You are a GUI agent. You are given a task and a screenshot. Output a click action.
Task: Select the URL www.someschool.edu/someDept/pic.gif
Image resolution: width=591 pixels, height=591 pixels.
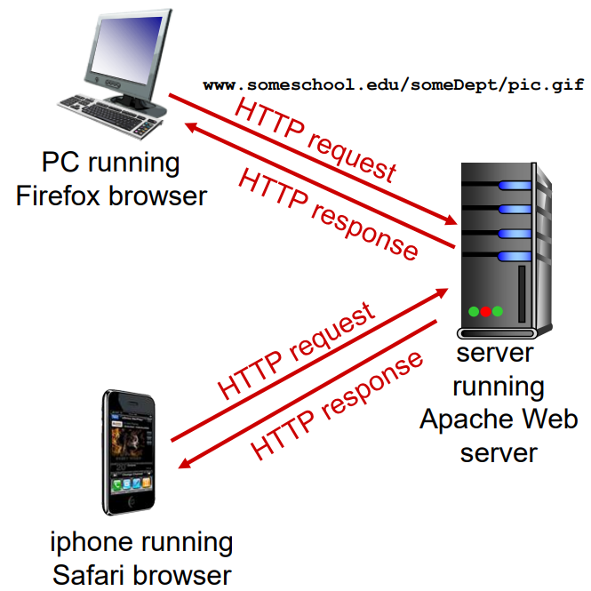394,85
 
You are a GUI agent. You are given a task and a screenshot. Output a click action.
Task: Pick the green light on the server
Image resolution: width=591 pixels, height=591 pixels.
475,311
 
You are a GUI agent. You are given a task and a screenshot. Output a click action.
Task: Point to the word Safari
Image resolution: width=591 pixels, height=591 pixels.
100,573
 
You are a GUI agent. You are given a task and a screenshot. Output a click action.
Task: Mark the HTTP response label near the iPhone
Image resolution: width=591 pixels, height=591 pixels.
338,404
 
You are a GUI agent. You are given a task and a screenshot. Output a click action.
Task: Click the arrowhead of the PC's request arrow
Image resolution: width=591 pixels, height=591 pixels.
451,223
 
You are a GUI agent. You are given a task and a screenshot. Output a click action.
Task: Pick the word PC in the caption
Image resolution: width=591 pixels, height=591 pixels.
61,164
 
